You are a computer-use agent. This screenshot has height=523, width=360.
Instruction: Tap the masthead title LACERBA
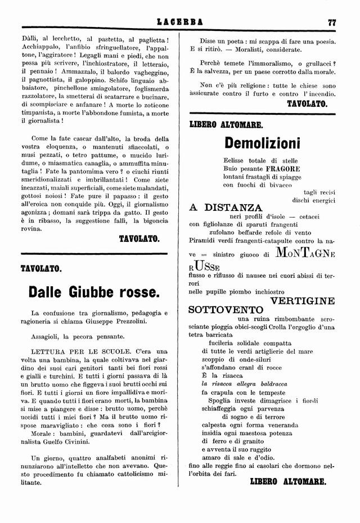(x=179, y=23)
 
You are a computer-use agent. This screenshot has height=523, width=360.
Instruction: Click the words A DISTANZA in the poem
(x=226, y=207)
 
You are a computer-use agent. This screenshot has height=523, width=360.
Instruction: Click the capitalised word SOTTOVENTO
(x=226, y=310)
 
